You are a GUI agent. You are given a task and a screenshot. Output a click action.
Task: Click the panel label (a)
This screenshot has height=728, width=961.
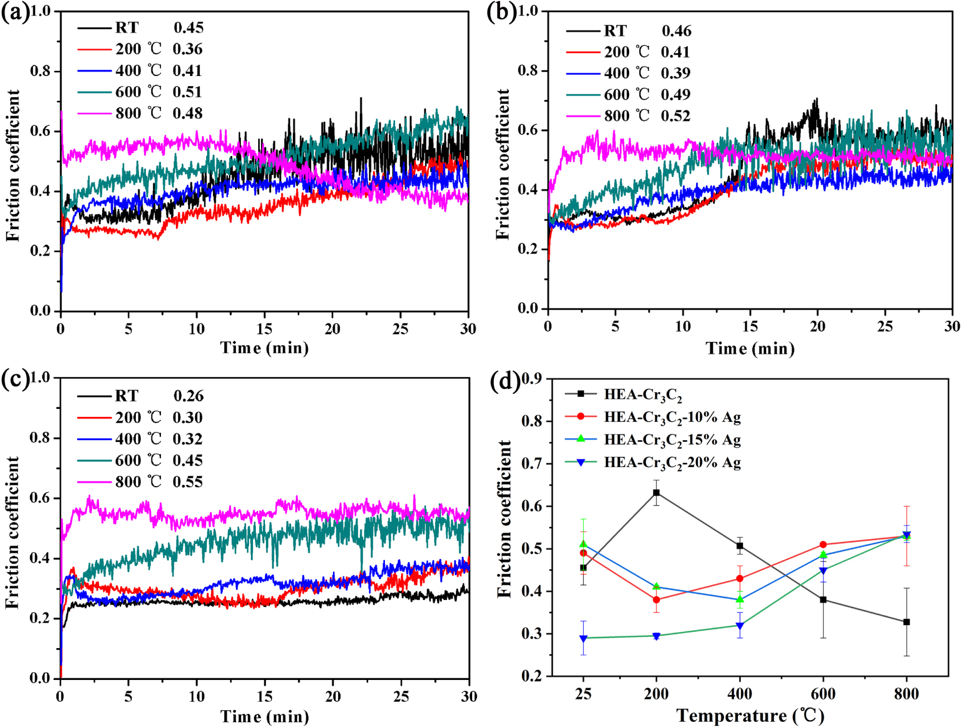15,12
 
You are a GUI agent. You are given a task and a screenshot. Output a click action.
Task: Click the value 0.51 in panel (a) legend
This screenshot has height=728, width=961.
187,92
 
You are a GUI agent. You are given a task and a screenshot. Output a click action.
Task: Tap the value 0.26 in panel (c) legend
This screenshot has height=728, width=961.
188,396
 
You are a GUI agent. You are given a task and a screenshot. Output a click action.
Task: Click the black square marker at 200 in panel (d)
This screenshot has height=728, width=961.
656,493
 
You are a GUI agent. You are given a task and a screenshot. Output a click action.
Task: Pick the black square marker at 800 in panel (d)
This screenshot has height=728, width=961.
906,622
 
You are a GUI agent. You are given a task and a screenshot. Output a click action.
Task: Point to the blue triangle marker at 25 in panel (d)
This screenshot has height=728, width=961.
583,639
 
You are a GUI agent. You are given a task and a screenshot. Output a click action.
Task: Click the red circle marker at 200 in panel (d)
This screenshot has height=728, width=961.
656,600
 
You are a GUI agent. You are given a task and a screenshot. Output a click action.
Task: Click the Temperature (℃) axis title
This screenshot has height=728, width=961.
750,716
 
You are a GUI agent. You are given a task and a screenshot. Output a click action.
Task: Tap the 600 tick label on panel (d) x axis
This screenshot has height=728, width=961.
822,694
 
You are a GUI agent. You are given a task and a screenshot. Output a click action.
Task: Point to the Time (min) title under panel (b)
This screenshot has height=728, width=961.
750,349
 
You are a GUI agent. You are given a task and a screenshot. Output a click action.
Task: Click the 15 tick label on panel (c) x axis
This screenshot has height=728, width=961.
264,696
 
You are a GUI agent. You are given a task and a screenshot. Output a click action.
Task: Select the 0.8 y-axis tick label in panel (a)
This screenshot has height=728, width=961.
41,71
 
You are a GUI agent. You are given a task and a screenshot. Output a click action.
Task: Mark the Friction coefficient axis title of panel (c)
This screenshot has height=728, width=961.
12,532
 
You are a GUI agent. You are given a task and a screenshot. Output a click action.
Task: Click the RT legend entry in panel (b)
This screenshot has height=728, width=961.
615,31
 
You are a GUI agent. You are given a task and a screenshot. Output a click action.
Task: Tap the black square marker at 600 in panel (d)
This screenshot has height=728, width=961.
822,600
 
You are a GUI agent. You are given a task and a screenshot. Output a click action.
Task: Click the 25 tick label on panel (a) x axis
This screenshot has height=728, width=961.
400,329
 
